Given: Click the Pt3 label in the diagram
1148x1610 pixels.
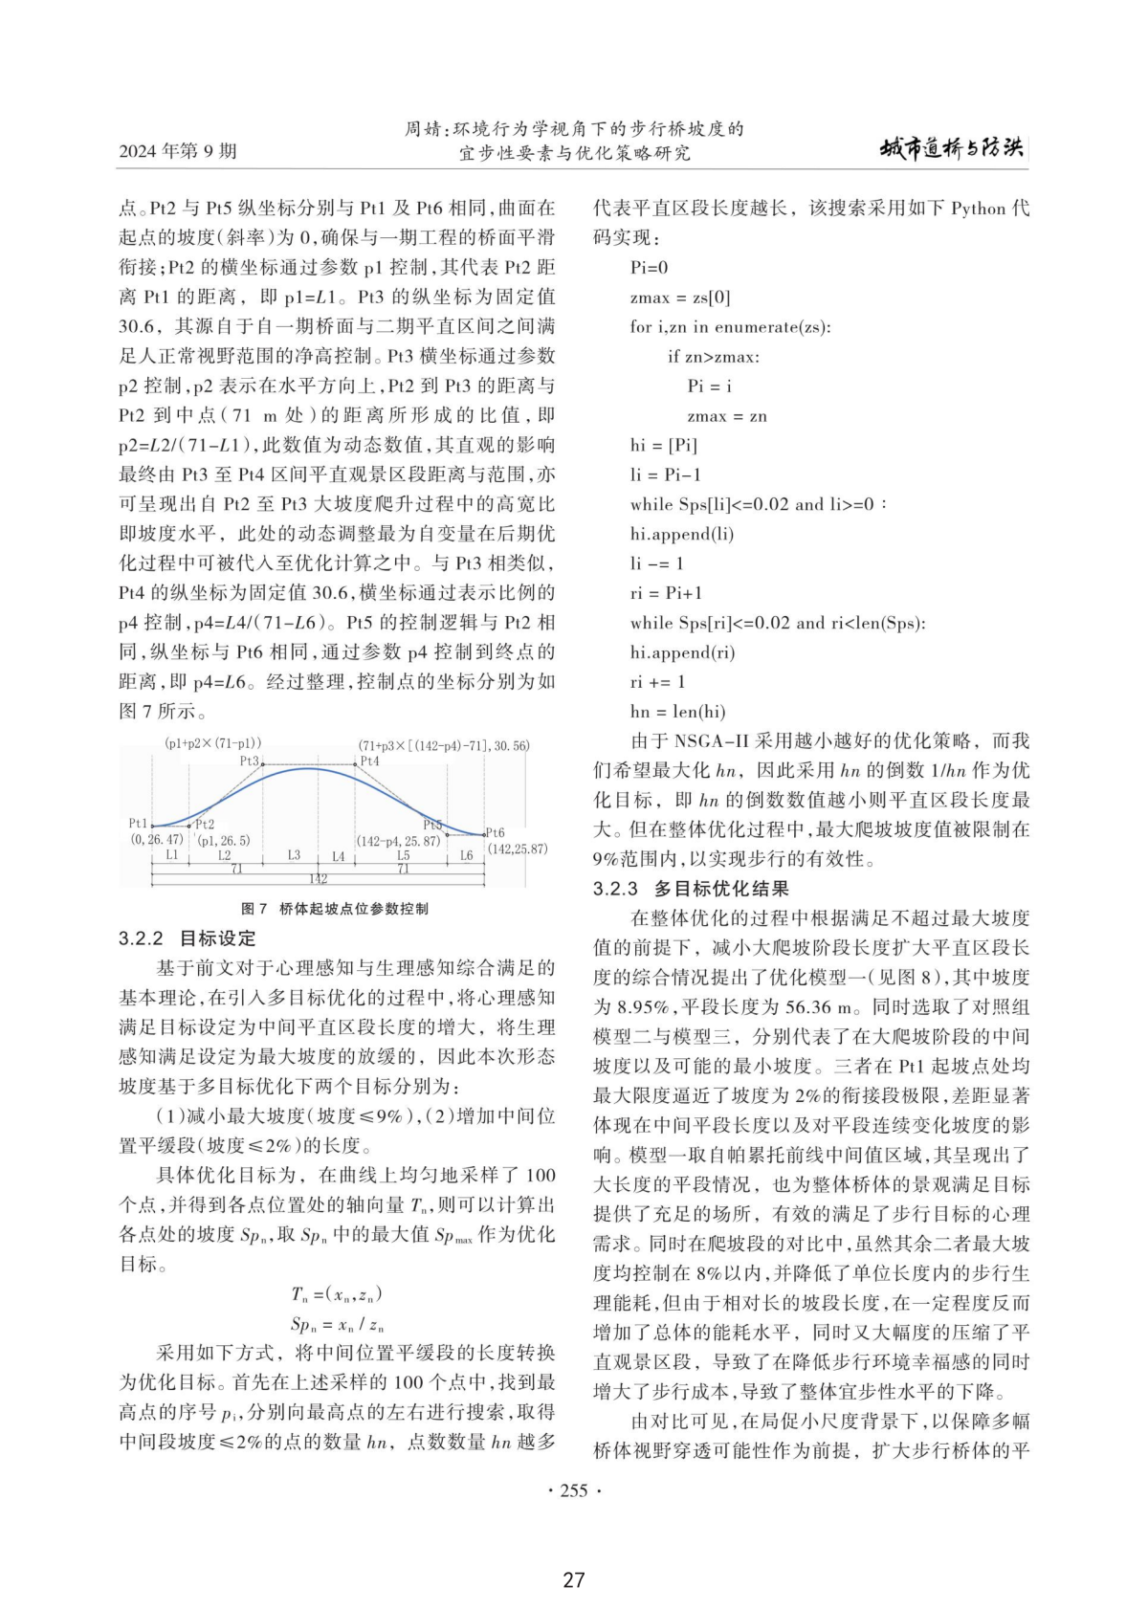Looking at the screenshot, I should tap(249, 761).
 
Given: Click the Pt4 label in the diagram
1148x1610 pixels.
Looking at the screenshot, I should tap(370, 761).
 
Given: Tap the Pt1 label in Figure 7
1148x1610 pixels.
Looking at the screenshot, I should tap(138, 824).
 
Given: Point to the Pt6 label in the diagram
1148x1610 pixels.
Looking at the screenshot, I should tap(495, 833).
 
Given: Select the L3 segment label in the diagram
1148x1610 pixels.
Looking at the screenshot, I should tap(294, 855).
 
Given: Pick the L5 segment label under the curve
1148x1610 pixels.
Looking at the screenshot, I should tap(403, 855).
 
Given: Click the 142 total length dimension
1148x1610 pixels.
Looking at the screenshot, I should tap(318, 878).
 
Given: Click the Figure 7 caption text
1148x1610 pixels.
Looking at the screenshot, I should tap(335, 909).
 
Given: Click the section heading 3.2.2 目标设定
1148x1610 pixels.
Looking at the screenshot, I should tap(188, 938).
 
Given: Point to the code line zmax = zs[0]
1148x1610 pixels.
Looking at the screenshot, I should tap(680, 298).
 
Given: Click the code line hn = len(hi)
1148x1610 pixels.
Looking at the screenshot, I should tap(677, 712).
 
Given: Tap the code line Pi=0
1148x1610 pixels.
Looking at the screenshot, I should tap(650, 268).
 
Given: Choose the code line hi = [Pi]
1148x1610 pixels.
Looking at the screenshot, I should tap(664, 445).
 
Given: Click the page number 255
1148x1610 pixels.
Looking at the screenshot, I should tap(573, 1490).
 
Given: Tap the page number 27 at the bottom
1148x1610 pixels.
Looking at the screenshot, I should tap(573, 1579).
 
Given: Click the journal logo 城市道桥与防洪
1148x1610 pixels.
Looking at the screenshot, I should tap(951, 148).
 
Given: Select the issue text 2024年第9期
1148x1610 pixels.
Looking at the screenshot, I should tap(178, 151).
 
